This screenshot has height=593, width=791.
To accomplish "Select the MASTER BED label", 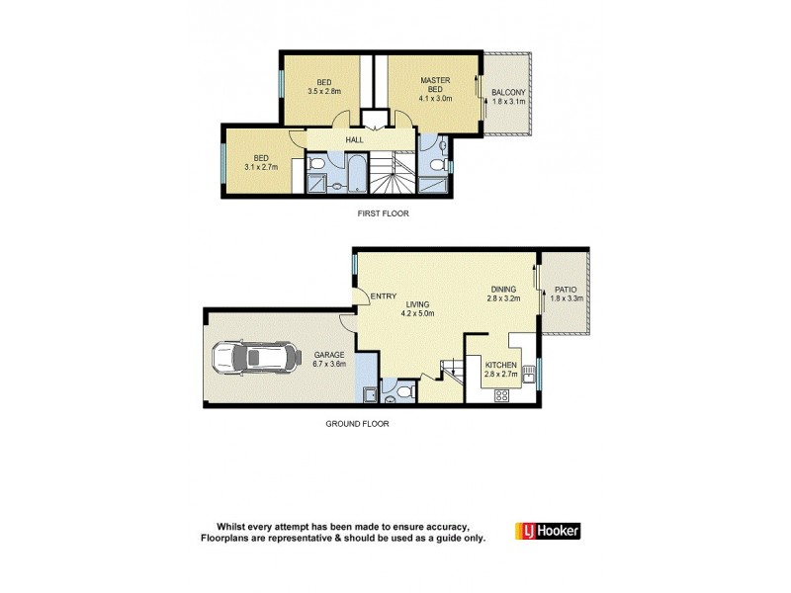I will click(435, 85).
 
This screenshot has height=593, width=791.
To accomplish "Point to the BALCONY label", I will click(508, 94).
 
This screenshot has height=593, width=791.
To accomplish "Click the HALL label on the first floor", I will click(354, 140).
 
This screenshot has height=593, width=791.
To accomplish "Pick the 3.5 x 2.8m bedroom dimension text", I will click(322, 91).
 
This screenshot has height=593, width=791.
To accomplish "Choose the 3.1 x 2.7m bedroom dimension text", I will click(261, 166).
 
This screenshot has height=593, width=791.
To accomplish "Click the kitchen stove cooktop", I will click(500, 397).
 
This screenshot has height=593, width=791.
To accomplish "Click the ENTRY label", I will click(383, 296).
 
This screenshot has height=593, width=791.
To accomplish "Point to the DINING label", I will click(503, 290).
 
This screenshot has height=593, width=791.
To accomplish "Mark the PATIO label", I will click(567, 290).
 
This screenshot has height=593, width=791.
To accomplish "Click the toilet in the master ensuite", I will click(440, 151).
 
